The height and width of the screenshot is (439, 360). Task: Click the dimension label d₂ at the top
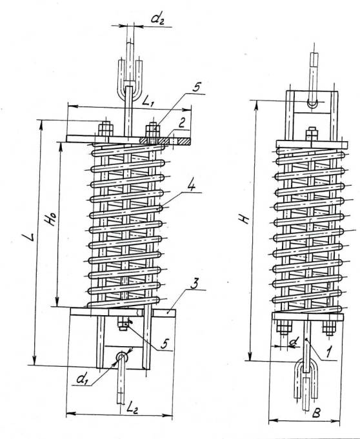pos(157,18)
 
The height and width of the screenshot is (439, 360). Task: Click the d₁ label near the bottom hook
pos(81,379)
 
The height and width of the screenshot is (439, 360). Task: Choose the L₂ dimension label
pos(132,408)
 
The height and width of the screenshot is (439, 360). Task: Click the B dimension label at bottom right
pos(316,413)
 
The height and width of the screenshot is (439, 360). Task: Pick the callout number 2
pos(182,122)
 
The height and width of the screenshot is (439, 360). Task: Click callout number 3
pos(194,284)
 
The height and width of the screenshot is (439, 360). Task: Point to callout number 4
pos(191,186)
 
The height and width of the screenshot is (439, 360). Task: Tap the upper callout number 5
pos(196,87)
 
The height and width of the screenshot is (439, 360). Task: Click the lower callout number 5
pos(165,344)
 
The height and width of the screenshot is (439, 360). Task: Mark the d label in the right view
pos(294,341)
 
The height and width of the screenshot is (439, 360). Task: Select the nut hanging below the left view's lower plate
pos(123,324)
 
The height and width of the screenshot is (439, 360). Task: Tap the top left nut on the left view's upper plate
pos(106,130)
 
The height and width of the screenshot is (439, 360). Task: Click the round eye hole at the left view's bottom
pos(121,356)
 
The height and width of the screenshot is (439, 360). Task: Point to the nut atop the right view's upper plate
pos(312,133)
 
